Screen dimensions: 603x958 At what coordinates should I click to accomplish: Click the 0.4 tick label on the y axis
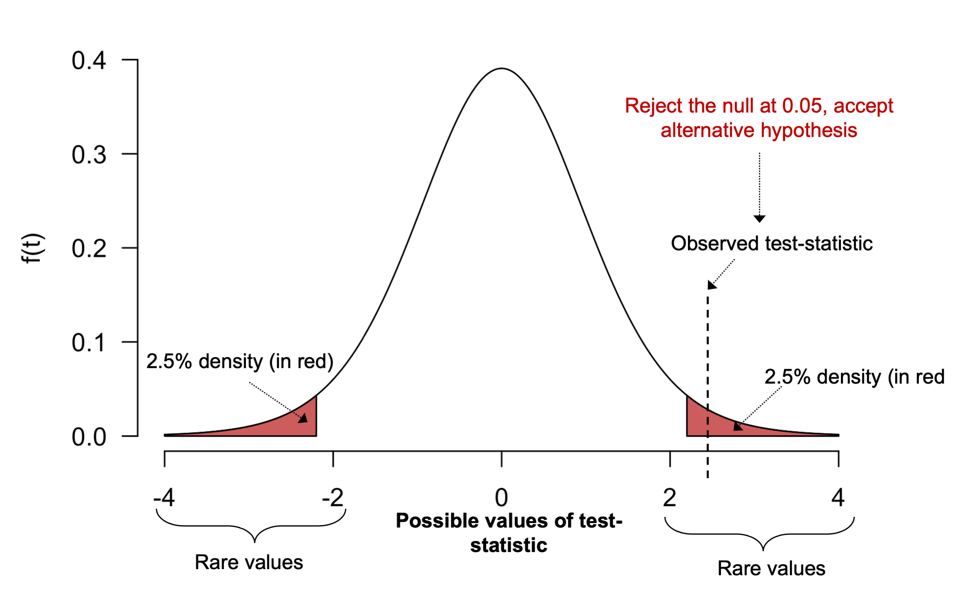(x=89, y=61)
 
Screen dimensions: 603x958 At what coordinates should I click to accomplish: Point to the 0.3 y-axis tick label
(x=89, y=155)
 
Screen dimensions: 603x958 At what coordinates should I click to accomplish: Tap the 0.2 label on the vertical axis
(x=89, y=249)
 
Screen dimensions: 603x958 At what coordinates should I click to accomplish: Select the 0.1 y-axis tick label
(x=89, y=343)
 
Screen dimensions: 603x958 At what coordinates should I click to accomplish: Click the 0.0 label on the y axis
(x=89, y=437)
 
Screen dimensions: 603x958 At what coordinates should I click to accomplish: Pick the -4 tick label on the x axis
(x=164, y=498)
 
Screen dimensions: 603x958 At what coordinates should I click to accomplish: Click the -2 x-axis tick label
(x=333, y=498)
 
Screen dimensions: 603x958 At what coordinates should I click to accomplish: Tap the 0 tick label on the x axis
(x=501, y=498)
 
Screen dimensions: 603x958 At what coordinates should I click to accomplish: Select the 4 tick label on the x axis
(x=838, y=498)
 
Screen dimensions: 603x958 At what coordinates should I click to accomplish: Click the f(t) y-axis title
(x=32, y=248)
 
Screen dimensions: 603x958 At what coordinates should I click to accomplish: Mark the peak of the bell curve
(x=501, y=69)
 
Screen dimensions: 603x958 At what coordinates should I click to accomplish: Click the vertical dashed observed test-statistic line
(x=707, y=359)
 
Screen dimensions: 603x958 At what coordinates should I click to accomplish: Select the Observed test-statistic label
(x=772, y=244)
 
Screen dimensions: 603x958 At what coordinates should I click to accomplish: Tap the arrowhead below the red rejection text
(x=759, y=219)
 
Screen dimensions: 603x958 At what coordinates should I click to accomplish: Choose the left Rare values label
(x=249, y=563)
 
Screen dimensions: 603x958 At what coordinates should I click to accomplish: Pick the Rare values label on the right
(x=771, y=569)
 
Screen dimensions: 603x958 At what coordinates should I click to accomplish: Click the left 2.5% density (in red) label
(x=240, y=361)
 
